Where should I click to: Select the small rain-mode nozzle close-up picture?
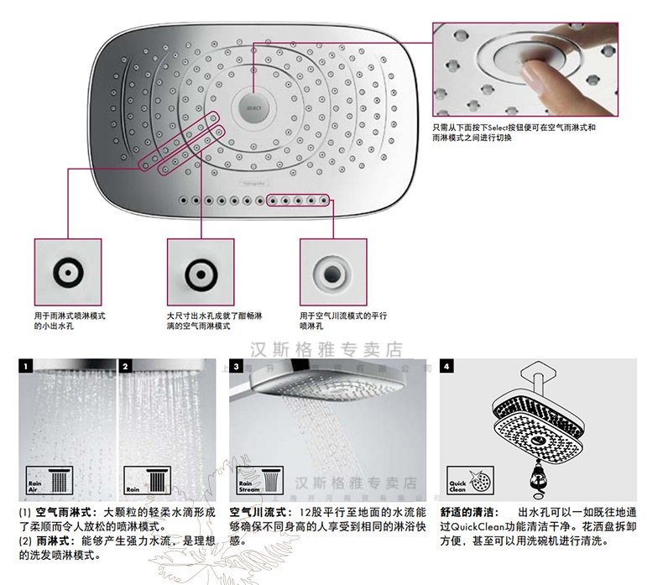[x=67, y=272]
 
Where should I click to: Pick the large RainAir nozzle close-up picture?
[x=200, y=272]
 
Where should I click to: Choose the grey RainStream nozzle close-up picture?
[x=333, y=272]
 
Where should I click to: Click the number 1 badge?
[x=27, y=367]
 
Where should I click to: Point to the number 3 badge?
[x=238, y=367]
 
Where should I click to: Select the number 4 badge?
[x=447, y=367]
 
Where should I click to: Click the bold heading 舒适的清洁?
[x=468, y=512]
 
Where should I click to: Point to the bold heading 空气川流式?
[x=253, y=512]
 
